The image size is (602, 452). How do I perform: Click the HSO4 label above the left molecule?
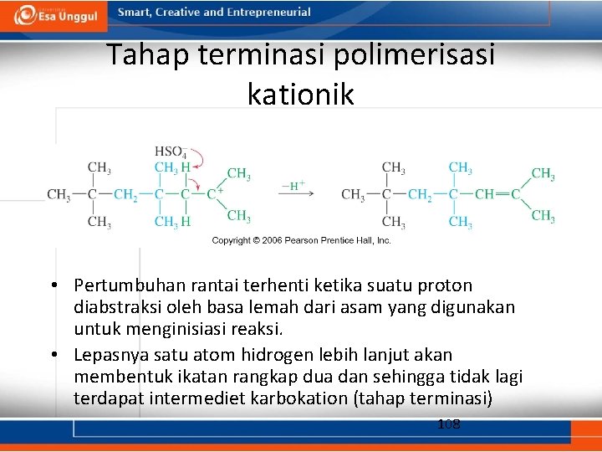[x=170, y=152]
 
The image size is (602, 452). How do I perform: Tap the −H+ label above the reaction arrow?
[x=293, y=186]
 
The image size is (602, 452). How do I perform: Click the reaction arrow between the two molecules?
[x=296, y=195]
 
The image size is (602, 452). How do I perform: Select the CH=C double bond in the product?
[x=499, y=194]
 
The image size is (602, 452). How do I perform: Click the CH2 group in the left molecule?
[x=125, y=195]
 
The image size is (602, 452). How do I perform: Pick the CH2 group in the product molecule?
[x=420, y=195]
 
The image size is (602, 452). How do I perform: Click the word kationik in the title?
[x=300, y=94]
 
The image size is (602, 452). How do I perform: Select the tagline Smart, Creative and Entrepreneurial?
[x=214, y=13]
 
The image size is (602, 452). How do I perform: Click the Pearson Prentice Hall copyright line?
[x=301, y=240]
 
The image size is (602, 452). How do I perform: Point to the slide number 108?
[x=449, y=424]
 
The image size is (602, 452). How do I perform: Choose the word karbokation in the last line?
[x=298, y=398]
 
